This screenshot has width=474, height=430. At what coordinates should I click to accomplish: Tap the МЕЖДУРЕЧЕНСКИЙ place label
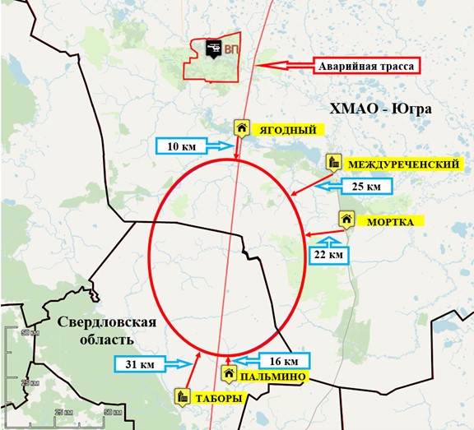pos(402,164)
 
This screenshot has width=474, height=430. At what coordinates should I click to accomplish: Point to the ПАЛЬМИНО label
pos(274,377)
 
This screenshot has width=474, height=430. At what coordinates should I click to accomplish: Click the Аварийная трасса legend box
pos(367,66)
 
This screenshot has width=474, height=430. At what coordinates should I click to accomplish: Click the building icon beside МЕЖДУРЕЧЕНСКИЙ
pos(333,161)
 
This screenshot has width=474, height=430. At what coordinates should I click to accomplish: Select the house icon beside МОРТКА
pos(347,220)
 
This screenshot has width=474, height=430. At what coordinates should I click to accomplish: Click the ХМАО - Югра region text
pos(368,109)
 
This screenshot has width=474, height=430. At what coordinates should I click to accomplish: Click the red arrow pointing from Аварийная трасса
pos(284,66)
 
